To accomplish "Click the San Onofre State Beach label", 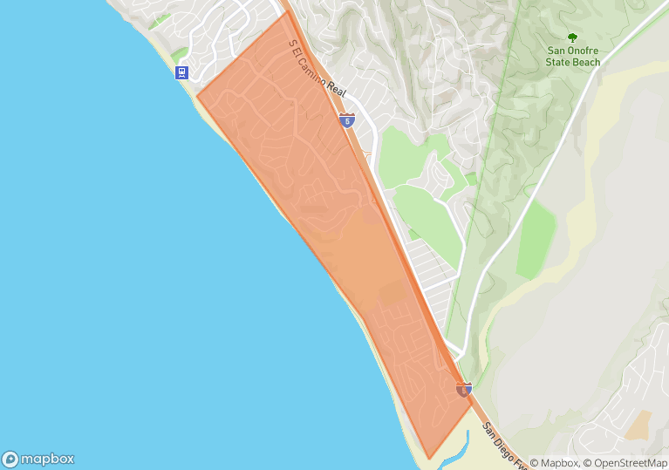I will [573, 57].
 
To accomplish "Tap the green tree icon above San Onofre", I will [572, 37].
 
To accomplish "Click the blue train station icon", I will [181, 72].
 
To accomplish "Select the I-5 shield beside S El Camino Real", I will [347, 120].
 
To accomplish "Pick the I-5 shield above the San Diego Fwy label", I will [464, 390].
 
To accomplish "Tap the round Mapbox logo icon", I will [10, 460].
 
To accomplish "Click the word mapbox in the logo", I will [47, 460].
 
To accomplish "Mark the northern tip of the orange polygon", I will [287, 10].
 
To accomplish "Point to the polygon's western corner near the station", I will [196, 97].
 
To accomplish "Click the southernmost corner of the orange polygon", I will [428, 459].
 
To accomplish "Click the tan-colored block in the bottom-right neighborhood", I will [638, 425].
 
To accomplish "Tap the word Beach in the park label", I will [586, 63].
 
